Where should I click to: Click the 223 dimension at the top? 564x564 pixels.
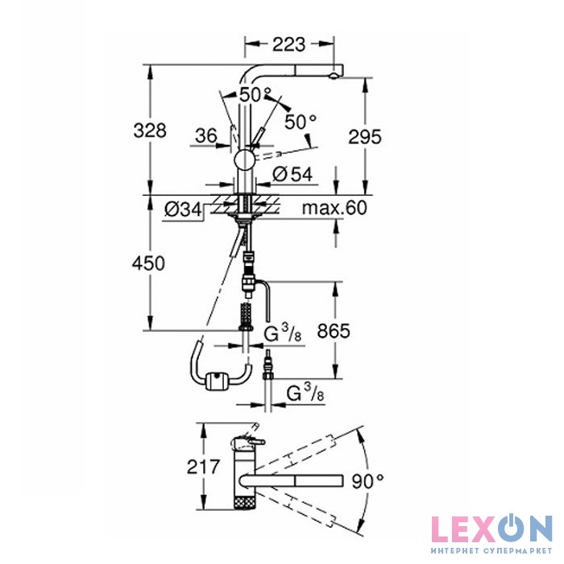click(x=288, y=44)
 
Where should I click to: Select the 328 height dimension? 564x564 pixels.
click(x=150, y=131)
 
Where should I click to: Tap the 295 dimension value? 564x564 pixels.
click(x=365, y=137)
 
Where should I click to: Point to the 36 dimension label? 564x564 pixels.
click(x=206, y=135)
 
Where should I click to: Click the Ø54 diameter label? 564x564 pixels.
click(x=292, y=175)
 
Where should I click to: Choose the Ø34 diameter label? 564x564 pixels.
click(x=183, y=209)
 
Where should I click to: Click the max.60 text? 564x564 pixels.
click(x=334, y=208)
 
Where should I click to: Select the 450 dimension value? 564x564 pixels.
click(x=148, y=263)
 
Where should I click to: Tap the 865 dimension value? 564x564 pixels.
click(x=334, y=331)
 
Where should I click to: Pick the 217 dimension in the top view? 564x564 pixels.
click(x=203, y=467)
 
